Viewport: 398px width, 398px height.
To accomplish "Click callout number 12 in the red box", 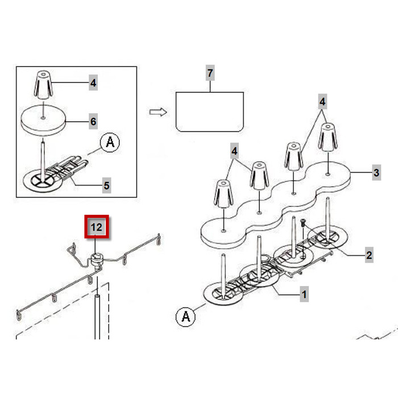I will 97,227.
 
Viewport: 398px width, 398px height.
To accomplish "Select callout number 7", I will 210,74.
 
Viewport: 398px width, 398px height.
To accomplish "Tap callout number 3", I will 376,172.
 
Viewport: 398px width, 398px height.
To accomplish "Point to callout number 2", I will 369,255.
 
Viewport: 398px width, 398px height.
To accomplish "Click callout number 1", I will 304,295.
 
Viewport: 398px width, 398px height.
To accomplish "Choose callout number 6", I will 93,121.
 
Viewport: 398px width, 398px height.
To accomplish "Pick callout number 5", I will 106,185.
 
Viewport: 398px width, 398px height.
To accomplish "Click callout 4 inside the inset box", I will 93,83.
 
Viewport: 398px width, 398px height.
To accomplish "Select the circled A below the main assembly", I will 185,317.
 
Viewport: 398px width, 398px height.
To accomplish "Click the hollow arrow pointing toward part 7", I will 158,111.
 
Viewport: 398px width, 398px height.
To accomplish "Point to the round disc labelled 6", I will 44,121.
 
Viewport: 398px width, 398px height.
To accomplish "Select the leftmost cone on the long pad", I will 222,194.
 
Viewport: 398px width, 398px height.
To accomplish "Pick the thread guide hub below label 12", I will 97,260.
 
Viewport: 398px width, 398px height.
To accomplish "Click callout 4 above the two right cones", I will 322,103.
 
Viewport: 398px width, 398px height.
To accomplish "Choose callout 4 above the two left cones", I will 235,152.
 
